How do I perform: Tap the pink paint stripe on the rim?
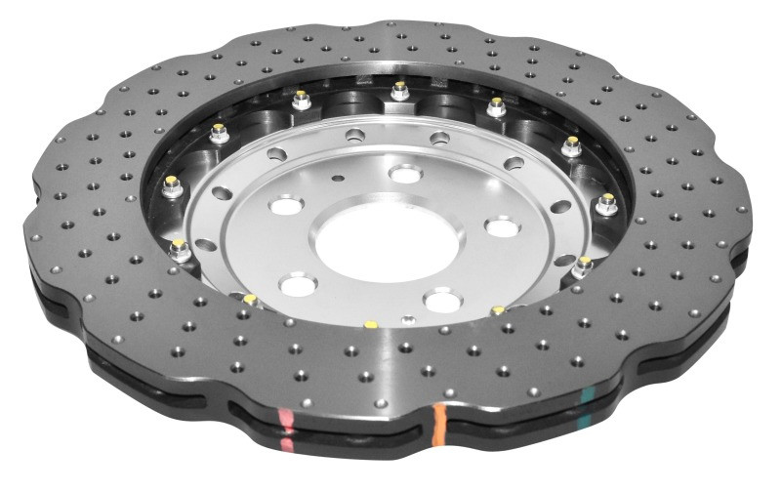coord(285,430)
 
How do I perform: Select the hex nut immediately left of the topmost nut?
coord(301,99)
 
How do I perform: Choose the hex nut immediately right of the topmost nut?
coord(497,104)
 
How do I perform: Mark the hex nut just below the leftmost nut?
coord(179,248)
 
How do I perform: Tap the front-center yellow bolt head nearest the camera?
coord(370,323)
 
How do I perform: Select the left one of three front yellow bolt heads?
coord(251,300)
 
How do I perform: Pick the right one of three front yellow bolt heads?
coord(498,311)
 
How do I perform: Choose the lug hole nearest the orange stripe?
coord(443,299)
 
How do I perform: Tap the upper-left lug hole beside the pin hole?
coord(285,207)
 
